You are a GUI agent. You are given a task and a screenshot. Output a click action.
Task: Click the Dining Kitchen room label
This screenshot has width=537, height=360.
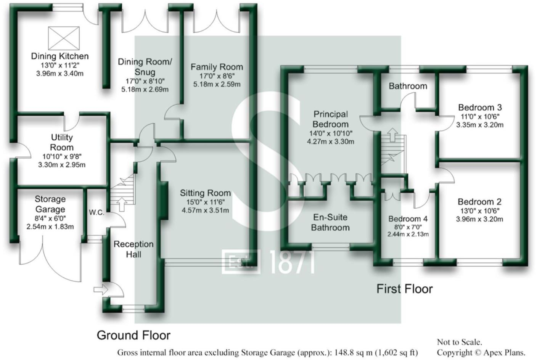point(59,56)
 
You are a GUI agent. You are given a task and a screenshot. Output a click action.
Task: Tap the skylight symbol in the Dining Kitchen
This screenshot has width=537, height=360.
point(64,38)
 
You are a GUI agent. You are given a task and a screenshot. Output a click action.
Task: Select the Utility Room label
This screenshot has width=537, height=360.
point(62,142)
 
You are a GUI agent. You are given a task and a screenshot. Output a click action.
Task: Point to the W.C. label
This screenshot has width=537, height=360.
point(96,212)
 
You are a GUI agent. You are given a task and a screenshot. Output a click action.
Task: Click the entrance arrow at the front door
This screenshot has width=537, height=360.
point(100,289)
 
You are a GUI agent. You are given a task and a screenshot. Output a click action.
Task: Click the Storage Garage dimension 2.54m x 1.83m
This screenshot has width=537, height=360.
point(50,227)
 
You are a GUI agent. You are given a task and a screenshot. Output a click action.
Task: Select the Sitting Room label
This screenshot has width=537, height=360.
point(205,193)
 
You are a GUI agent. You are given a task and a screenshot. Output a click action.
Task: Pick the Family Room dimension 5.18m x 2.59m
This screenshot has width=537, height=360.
point(217,84)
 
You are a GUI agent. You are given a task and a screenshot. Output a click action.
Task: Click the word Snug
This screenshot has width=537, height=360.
point(145,72)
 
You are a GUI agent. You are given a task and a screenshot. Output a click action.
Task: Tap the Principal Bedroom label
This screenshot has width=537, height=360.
point(330,119)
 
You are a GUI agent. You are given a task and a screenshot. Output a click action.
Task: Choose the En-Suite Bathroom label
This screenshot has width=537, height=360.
point(330,222)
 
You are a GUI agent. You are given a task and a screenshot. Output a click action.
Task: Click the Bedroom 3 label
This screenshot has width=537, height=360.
point(480,107)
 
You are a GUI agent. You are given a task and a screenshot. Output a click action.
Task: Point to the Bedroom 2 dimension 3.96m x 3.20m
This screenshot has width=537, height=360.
point(479,219)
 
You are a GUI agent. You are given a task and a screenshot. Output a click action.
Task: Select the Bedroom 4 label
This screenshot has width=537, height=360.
point(408,219)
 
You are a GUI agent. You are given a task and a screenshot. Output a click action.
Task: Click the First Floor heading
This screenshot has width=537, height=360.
point(404,289)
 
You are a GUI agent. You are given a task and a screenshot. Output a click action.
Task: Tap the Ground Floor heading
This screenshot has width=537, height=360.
point(133,335)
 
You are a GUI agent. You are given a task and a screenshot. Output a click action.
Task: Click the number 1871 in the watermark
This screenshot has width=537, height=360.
point(293,262)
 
